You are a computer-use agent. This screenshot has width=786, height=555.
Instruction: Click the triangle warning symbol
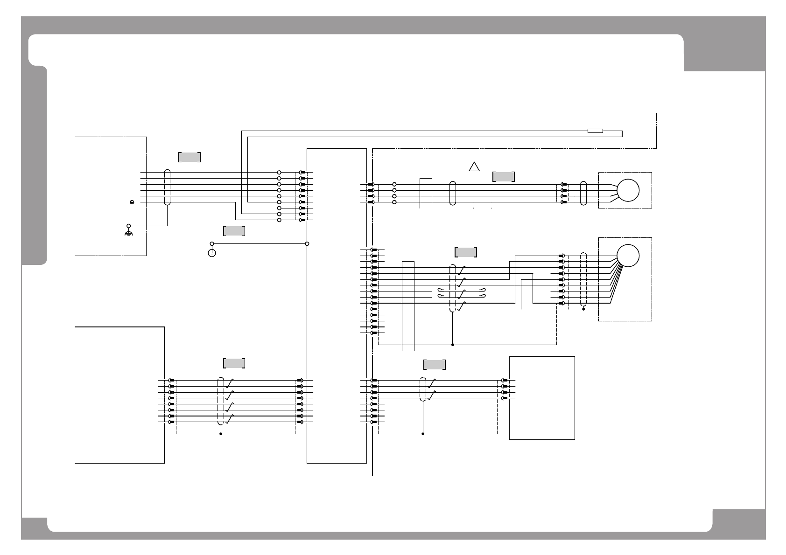tap(474, 167)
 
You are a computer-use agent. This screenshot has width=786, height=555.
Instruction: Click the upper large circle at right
tap(628, 190)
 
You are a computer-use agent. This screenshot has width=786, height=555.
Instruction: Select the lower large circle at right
tap(628, 255)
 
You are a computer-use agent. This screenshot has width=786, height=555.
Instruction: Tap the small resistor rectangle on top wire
tap(595, 131)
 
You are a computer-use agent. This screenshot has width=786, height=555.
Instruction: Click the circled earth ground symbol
tap(211, 253)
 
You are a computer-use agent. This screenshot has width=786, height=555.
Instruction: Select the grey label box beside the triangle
tap(503, 176)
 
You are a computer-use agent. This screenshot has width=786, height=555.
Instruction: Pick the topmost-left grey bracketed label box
tap(189, 157)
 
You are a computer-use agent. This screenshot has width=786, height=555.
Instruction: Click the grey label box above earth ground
tap(234, 230)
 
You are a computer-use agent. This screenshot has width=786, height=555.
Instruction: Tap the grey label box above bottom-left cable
tap(234, 363)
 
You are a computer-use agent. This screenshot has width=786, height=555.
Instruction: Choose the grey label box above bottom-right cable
tap(434, 364)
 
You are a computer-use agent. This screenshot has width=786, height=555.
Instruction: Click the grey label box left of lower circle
tap(465, 252)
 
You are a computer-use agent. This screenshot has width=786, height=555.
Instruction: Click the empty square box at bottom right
tap(541, 398)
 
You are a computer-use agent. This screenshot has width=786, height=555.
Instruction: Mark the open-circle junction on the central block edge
tap(307, 243)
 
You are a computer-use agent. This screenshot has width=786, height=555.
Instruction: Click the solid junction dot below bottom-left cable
tap(220, 434)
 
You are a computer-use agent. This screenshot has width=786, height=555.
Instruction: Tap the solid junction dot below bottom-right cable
tap(423, 434)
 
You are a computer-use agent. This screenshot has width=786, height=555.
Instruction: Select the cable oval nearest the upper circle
tap(582, 193)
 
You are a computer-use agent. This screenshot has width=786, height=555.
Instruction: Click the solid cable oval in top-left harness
tap(168, 187)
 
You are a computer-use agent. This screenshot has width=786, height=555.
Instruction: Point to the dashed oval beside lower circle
tap(582, 280)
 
